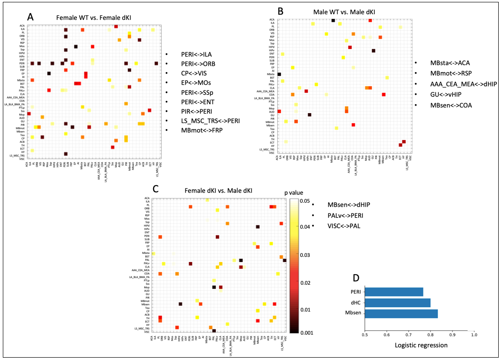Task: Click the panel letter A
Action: point(31,16)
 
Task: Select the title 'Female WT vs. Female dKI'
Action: point(94,17)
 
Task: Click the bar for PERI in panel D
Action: point(394,292)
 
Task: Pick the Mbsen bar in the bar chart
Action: point(401,313)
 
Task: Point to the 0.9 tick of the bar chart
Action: point(452,335)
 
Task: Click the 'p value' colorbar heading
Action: point(299,193)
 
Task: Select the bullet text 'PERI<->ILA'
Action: point(195,54)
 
